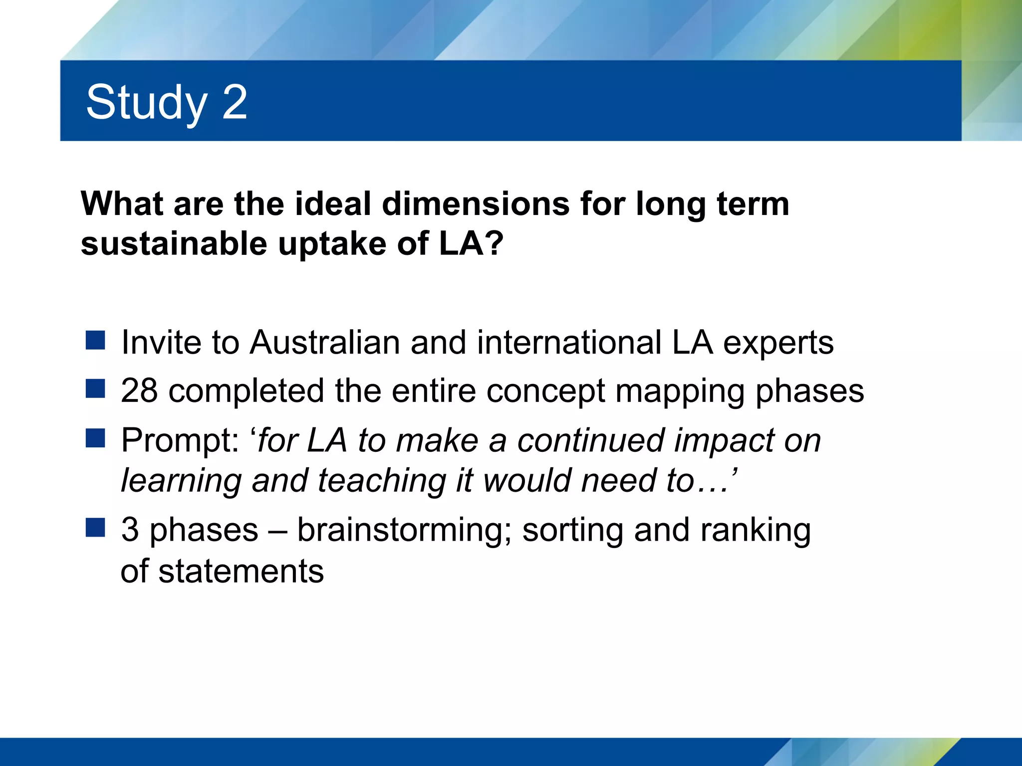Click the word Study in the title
[x=146, y=103]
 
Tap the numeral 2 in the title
[x=234, y=102]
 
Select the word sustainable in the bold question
[x=174, y=244]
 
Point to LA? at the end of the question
[x=472, y=244]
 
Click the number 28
[x=139, y=390]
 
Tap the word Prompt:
[x=180, y=441]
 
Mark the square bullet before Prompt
[x=95, y=438]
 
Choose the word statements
[x=241, y=571]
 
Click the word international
[x=569, y=343]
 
